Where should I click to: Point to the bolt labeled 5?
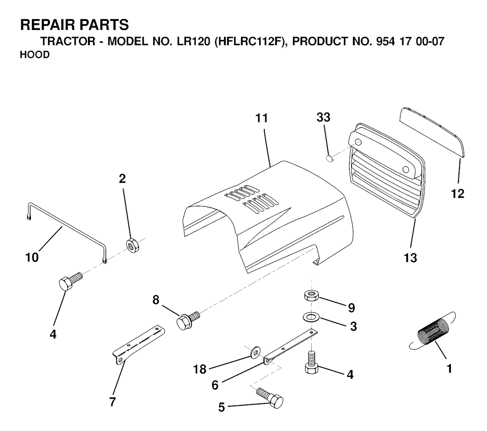270,397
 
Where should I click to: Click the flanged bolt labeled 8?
188,321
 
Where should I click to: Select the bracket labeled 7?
138,345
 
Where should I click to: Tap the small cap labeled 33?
330,159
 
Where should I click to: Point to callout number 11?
262,118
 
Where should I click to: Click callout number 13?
410,258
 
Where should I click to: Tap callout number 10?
32,257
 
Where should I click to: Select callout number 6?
215,385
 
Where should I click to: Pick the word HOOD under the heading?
35,55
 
